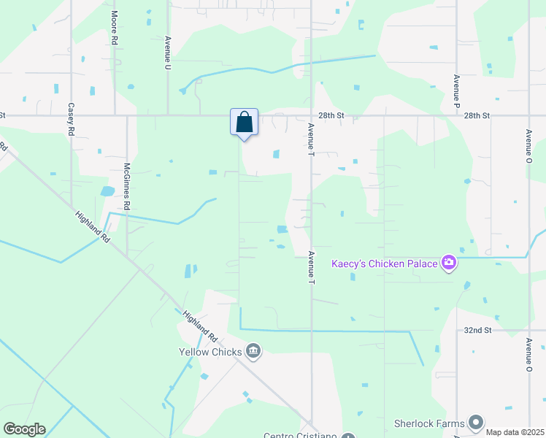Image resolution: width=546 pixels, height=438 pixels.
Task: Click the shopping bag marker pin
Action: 245,122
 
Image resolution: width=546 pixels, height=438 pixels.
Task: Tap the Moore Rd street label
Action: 115,28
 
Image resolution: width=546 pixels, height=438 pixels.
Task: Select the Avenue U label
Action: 168,53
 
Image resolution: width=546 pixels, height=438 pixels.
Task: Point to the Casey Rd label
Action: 72,117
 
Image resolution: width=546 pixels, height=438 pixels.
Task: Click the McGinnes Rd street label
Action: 126,186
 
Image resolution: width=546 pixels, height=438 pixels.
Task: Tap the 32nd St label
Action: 478,330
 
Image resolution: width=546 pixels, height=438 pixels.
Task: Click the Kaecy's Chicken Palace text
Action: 384,264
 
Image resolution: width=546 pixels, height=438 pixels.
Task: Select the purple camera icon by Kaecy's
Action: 448,263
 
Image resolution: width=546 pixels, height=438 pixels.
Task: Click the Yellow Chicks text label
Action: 210,351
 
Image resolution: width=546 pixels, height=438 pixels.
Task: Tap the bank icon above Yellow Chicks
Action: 253,351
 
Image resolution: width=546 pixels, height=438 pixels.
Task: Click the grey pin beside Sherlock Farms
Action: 476,423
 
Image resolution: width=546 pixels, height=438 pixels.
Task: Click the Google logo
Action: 24,429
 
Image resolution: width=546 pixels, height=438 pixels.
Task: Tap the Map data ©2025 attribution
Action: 514,432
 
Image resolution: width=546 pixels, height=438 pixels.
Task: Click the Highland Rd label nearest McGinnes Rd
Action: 92,227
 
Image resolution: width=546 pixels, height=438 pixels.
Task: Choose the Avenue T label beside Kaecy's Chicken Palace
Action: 311,267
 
